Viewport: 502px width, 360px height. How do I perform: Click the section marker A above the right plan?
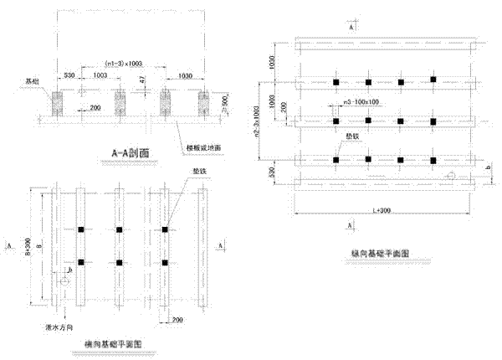351,27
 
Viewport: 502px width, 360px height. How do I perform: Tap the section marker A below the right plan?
352,225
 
